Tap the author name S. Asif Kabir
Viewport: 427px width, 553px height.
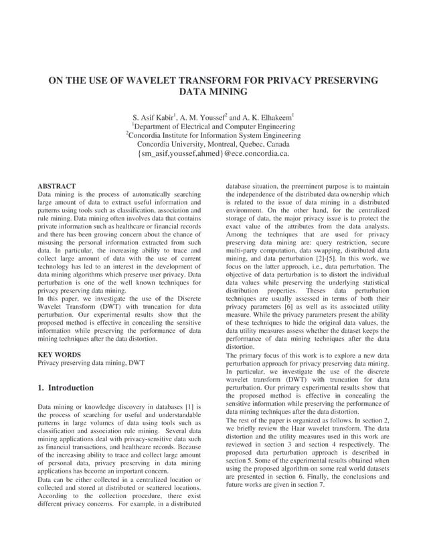point(156,116)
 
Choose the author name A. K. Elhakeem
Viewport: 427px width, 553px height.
point(266,116)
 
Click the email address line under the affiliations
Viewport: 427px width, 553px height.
point(213,154)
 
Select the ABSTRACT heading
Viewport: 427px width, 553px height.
point(57,186)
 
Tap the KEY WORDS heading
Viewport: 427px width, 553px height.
point(60,354)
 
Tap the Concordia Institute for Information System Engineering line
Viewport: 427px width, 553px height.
point(213,135)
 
